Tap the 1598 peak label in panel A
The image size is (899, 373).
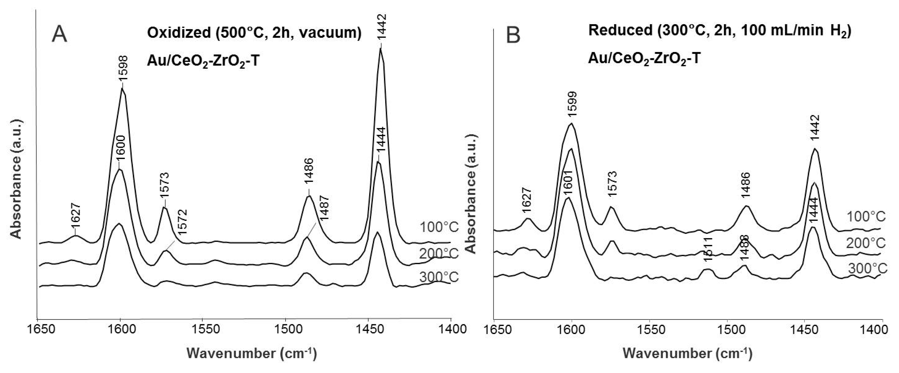tap(124, 68)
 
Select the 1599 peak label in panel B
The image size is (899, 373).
tap(572, 104)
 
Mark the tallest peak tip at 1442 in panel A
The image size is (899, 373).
tap(380, 49)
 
